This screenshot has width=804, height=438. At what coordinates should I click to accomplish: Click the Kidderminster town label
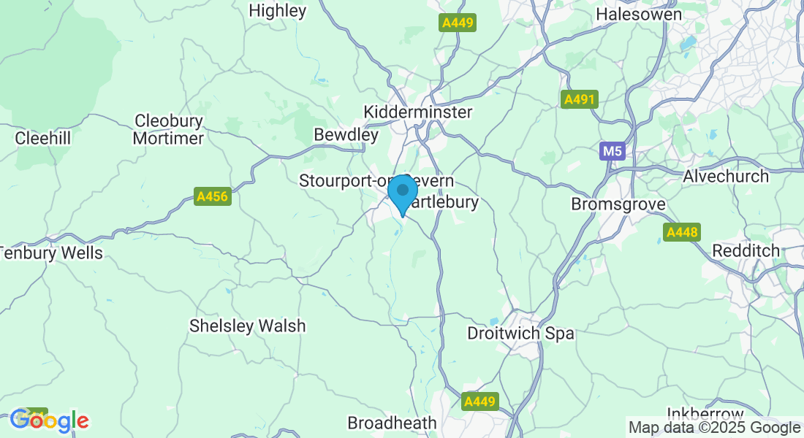[x=418, y=112]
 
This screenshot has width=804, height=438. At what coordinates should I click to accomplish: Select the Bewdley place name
[x=346, y=135]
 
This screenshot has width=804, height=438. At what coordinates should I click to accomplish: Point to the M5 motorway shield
[x=612, y=152]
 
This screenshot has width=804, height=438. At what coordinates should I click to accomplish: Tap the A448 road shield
[x=682, y=233]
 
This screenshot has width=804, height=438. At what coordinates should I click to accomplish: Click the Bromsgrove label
[x=618, y=204]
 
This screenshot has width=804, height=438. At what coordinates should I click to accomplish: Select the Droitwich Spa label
[x=520, y=334]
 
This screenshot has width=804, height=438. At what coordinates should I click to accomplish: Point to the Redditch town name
[x=746, y=250]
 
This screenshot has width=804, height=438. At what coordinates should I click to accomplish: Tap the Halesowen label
[x=639, y=14]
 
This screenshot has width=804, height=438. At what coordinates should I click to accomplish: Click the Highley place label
[x=278, y=11]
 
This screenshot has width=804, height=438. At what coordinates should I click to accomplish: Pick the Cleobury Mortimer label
[x=169, y=129]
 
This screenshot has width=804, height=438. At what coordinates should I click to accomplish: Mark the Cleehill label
[x=42, y=137]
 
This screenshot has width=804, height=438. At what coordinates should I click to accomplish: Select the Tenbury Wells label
[x=51, y=253]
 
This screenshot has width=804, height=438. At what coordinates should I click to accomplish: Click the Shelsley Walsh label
[x=247, y=326]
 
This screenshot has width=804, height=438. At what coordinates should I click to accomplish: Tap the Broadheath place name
[x=392, y=423]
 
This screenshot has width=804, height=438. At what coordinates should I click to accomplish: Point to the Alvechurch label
[x=726, y=176]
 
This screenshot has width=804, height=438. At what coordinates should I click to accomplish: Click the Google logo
[x=49, y=420]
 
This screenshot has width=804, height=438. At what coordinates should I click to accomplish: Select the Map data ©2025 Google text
[x=714, y=428]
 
